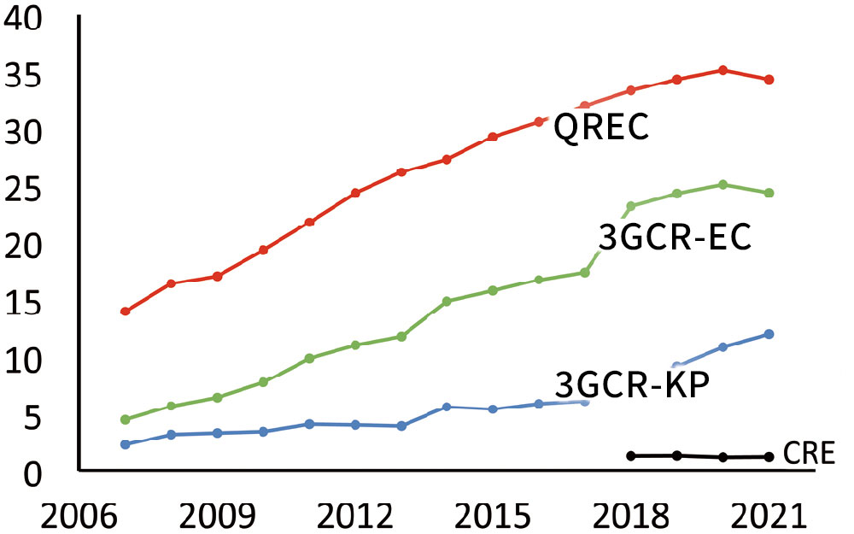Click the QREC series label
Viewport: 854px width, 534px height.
point(601,130)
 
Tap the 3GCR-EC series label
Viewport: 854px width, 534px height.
point(674,238)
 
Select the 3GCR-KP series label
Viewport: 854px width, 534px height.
point(633,385)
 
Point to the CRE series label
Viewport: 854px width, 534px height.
point(808,454)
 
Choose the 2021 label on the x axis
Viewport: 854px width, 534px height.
point(769,514)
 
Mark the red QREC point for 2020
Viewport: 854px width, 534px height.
point(722,70)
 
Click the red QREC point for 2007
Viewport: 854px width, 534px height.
point(125,311)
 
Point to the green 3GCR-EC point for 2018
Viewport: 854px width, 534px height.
point(631,206)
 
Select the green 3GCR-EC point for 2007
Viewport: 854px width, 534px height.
point(125,420)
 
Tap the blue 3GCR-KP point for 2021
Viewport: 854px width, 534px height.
point(769,334)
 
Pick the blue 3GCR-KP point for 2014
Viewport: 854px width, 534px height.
point(447,407)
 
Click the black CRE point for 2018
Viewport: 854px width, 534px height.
point(631,456)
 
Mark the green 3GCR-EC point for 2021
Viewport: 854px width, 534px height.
point(769,193)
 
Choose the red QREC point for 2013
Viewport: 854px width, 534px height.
point(401,172)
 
